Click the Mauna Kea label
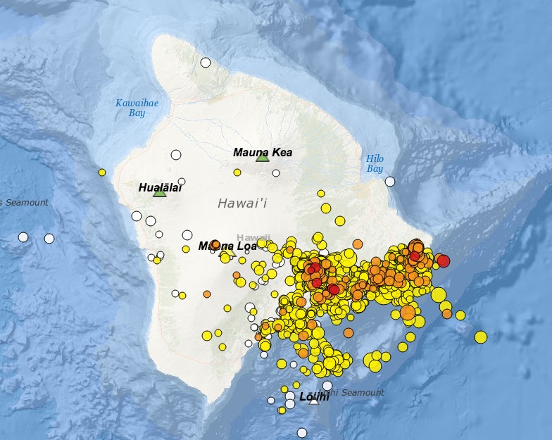click(263, 152)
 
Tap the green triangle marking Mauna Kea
click(263, 157)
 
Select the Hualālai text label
click(160, 187)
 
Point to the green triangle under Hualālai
click(160, 191)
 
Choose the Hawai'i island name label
click(242, 203)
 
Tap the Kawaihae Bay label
click(137, 108)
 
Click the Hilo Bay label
click(375, 163)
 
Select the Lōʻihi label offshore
click(314, 397)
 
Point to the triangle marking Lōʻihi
click(314, 399)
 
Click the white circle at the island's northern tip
click(206, 62)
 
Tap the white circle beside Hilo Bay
click(390, 181)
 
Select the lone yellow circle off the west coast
click(102, 172)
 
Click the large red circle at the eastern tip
click(443, 261)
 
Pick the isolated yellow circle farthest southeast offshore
click(481, 337)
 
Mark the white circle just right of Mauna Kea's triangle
click(276, 173)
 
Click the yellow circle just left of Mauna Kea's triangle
click(237, 172)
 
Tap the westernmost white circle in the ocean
click(23, 237)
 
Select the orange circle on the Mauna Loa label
click(215, 244)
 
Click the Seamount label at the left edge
click(24, 203)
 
